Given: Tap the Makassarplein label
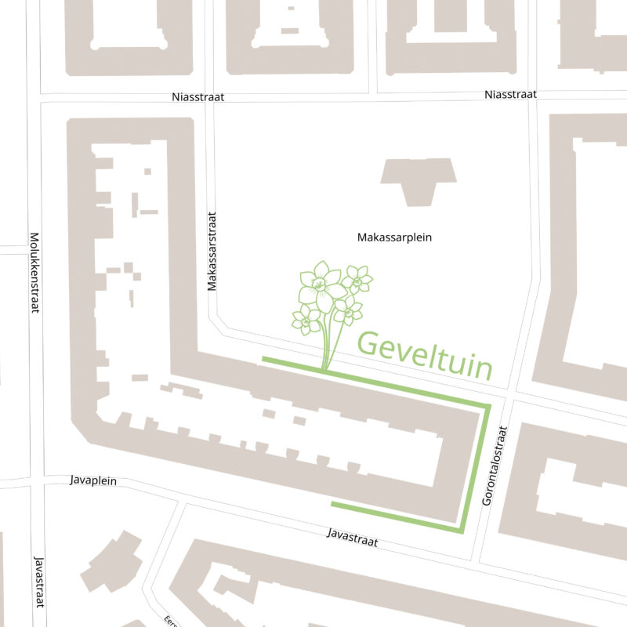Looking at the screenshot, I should pyautogui.click(x=394, y=237).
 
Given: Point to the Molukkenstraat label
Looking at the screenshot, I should pyautogui.click(x=34, y=272).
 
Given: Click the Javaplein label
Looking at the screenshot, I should pyautogui.click(x=92, y=480).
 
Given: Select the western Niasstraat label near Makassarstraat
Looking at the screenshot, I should pyautogui.click(x=198, y=97).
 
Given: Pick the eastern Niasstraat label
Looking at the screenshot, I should pyautogui.click(x=510, y=94).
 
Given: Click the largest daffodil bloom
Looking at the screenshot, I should pyautogui.click(x=319, y=287).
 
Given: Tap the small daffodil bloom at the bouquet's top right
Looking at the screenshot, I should pyautogui.click(x=357, y=278).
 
